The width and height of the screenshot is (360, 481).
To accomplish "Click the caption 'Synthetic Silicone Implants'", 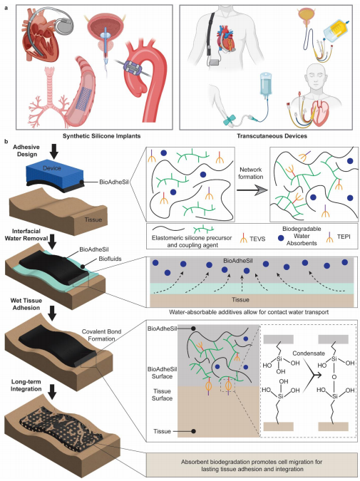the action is (102, 136).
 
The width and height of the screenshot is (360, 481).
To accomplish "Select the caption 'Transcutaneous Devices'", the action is (272, 136).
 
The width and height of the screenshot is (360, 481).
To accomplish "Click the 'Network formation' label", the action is (251, 173).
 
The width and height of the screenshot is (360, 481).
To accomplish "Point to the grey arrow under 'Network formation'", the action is (252, 190).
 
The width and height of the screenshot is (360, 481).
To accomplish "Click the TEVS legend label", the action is (257, 239).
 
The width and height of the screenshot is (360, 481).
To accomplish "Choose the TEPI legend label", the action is (343, 237).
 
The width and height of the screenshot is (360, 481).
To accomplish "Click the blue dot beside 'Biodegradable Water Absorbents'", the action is (280, 237).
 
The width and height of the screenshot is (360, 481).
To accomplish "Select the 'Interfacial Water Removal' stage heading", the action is (26, 234).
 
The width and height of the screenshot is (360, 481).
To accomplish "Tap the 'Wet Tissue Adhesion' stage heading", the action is (26, 304).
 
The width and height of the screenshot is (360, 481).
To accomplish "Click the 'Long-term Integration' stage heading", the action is (26, 386).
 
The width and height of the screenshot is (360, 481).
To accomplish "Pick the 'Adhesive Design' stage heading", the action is (26, 150).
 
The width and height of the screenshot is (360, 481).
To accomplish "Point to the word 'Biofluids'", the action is (110, 259).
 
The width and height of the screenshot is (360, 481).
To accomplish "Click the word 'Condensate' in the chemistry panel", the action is (309, 353).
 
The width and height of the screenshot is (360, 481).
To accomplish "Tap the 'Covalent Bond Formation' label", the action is (102, 336).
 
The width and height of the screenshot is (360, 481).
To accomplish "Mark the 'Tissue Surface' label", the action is (162, 395).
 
